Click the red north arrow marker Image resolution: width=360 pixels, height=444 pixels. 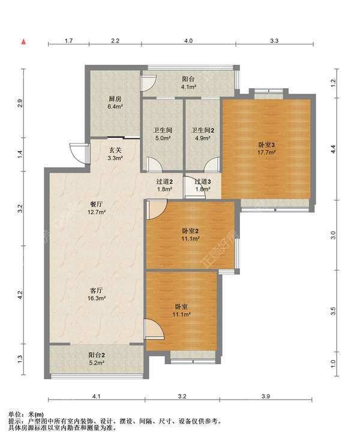click(24, 41)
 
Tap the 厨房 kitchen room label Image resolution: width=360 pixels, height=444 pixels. click(115, 99)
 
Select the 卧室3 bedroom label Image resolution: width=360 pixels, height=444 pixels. click(266, 145)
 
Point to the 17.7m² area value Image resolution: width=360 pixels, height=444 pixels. click(266, 152)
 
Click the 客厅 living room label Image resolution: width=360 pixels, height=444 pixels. click(97, 290)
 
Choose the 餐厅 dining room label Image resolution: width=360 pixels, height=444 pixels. click(97, 204)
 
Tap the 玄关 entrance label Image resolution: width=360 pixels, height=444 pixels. click(115, 151)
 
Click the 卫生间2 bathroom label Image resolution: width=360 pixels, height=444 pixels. click(203, 130)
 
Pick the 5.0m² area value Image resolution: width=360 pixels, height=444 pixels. click(163, 138)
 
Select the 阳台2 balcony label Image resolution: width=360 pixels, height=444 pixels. click(97, 355)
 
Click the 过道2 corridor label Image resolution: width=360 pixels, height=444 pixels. click(164, 182)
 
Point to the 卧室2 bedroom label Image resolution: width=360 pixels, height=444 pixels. click(190, 231)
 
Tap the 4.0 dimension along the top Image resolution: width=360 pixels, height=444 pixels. click(188, 41)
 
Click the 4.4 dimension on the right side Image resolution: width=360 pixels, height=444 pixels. click(334, 149)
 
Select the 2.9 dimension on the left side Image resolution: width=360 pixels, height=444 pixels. click(20, 103)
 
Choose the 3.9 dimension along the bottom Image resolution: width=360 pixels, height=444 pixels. click(266, 396)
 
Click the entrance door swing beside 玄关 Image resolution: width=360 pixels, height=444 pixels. click(80, 153)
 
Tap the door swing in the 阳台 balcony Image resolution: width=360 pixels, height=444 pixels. click(149, 83)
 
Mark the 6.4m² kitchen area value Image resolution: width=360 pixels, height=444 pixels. click(115, 107)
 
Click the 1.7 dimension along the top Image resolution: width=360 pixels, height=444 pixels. click(68, 41)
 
